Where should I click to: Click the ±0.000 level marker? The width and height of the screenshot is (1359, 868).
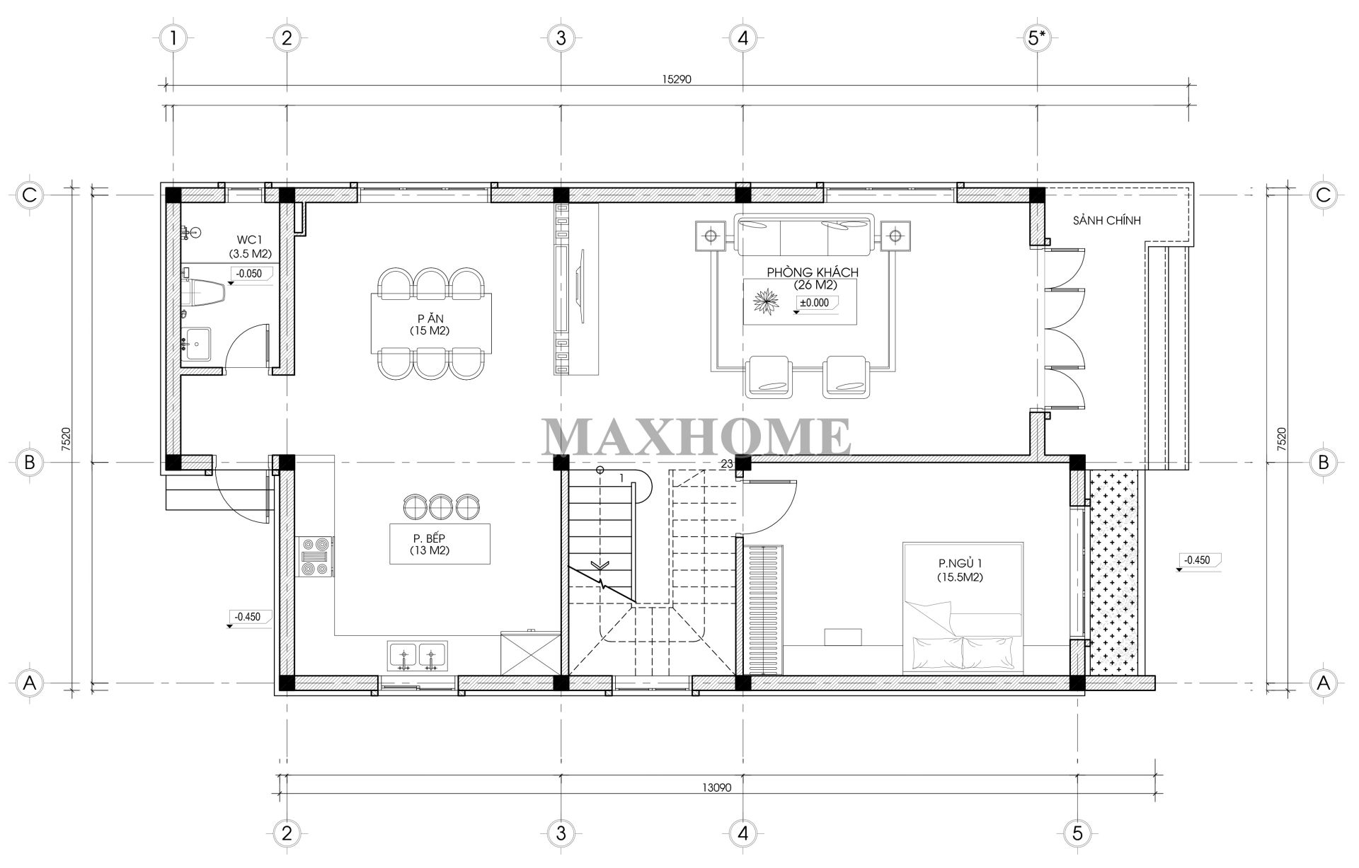814,303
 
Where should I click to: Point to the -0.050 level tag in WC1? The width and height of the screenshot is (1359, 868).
248,274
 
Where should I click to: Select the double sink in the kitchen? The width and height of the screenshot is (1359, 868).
417,656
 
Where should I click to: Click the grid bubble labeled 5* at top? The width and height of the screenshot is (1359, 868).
1037,37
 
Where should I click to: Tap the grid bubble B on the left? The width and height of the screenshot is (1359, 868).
30,463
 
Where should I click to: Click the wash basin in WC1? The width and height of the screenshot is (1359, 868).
195,345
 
